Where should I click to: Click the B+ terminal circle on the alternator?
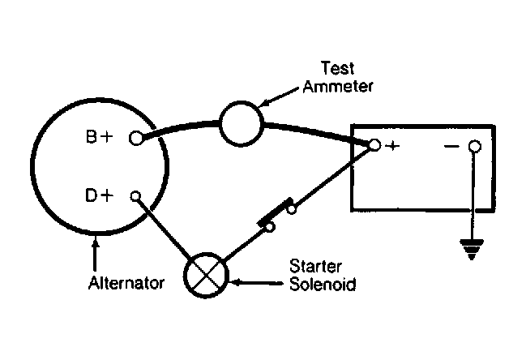135,138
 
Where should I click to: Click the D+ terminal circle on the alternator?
135,196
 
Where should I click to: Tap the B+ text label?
100,137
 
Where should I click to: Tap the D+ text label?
100,195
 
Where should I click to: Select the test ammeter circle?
242,123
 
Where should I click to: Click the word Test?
337,68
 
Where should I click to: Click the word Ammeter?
338,87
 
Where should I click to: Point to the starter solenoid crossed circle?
206,275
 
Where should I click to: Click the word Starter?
315,267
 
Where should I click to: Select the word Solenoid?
323,284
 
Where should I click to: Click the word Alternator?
126,283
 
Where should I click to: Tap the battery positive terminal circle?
374,145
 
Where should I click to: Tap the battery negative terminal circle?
474,146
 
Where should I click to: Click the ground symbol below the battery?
472,250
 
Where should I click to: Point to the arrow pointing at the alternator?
96,253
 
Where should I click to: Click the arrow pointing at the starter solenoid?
257,283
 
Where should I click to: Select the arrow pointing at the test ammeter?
279,97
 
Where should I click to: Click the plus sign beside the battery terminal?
392,146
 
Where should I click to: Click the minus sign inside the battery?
451,146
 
